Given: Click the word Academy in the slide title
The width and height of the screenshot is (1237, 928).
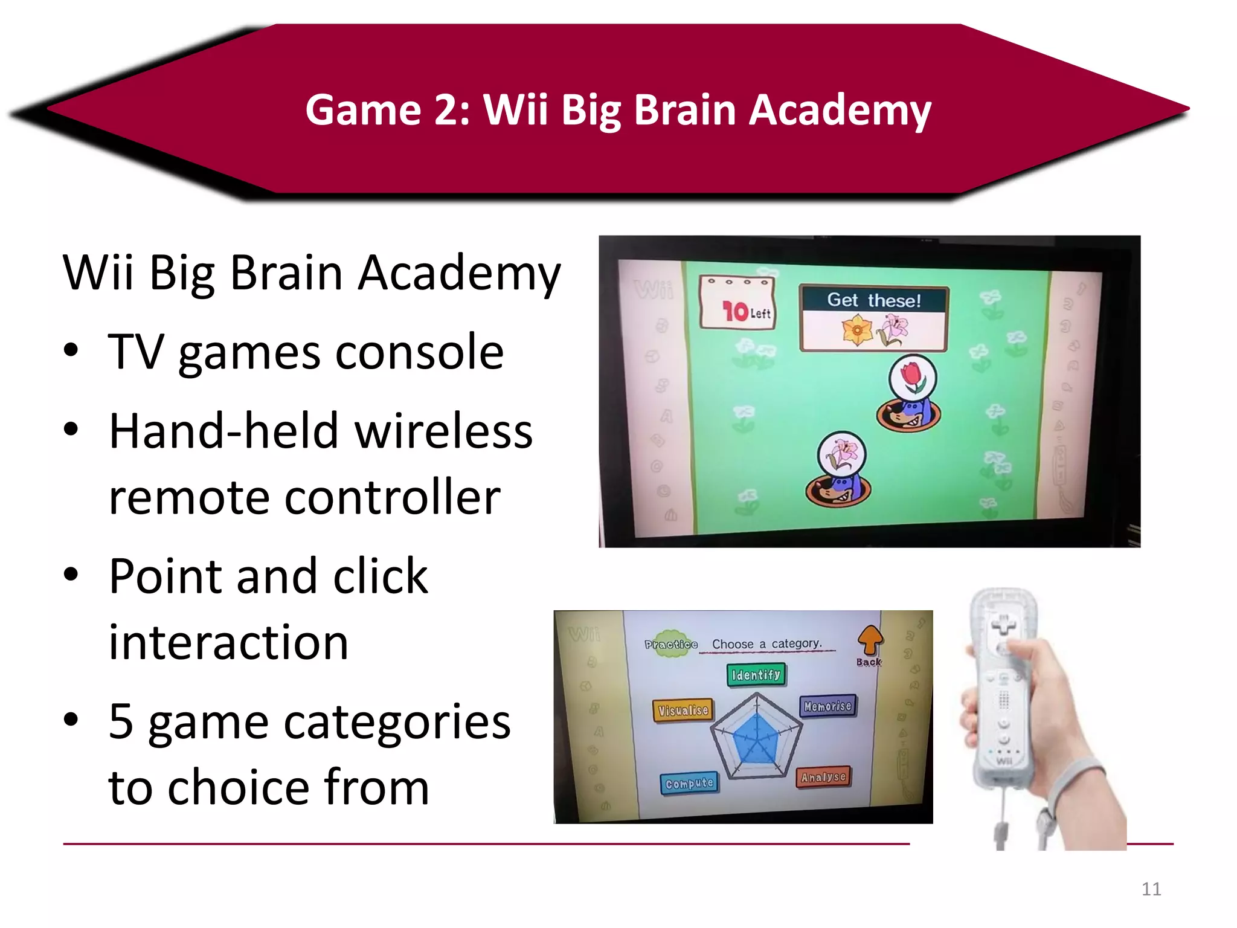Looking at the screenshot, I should click(x=840, y=111).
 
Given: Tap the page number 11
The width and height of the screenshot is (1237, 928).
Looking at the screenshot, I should click(x=1151, y=889).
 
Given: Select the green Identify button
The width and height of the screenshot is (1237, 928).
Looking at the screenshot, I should click(x=756, y=675).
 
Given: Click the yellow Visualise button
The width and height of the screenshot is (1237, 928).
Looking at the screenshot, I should click(x=683, y=710).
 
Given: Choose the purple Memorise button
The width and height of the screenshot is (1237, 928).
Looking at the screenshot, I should click(x=827, y=706).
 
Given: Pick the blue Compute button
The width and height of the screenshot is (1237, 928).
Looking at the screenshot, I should click(x=689, y=784).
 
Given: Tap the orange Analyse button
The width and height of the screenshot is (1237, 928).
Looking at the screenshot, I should click(x=823, y=777).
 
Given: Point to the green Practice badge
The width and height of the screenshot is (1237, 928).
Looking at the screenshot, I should click(x=670, y=644).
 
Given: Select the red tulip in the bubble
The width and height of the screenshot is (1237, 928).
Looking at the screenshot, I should click(x=913, y=377).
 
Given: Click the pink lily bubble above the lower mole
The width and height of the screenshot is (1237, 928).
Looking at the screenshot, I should click(x=841, y=454).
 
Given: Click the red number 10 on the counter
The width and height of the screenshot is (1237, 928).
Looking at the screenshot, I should click(x=735, y=311).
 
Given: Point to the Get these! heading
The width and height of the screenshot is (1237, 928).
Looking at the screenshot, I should click(x=873, y=300).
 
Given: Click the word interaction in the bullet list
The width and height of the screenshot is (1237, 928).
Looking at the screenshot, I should click(x=228, y=642).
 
